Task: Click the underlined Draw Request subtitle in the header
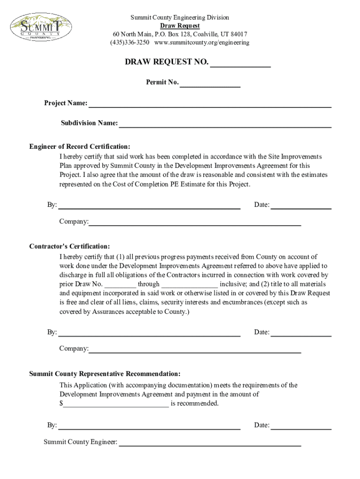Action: (x=180, y=26)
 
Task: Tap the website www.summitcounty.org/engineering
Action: (x=202, y=43)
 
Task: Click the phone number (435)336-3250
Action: (x=130, y=43)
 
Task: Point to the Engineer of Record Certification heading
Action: (x=79, y=146)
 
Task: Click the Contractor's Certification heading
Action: (x=70, y=247)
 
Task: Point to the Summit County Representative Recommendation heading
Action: (x=105, y=374)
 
